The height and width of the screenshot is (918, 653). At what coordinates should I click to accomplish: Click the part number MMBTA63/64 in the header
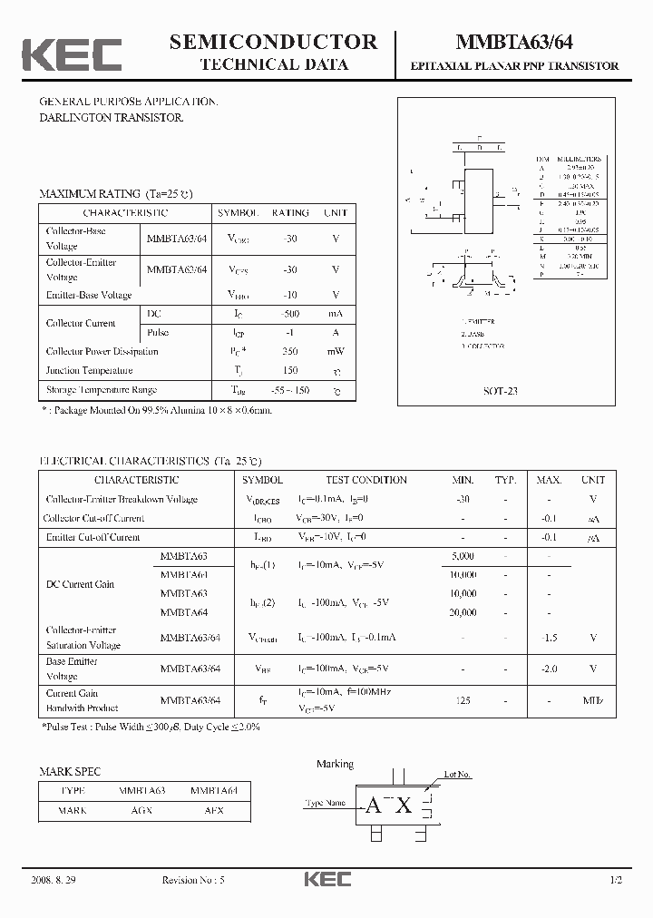(513, 43)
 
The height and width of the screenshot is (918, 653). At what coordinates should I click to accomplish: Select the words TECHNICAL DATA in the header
(273, 64)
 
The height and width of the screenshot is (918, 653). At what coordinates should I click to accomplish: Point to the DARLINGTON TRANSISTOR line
(111, 119)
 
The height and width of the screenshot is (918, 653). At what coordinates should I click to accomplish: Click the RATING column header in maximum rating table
(290, 212)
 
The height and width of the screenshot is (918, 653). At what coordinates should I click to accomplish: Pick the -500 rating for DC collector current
(290, 313)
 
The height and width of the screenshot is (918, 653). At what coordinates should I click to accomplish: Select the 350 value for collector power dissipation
(290, 351)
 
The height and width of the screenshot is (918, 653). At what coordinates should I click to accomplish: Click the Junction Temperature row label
(90, 370)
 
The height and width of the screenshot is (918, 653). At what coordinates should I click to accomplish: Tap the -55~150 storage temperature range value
(290, 390)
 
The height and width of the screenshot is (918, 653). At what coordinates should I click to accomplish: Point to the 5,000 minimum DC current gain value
(463, 556)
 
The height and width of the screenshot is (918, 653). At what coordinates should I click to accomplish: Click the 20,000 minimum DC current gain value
(463, 613)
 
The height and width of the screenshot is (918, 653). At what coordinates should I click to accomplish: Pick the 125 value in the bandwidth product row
(463, 700)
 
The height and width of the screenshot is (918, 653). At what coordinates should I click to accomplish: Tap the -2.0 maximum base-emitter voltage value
(549, 669)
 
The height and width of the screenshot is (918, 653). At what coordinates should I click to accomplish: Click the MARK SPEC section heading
(70, 772)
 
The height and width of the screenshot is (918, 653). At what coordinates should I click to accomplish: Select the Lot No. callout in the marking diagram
(457, 775)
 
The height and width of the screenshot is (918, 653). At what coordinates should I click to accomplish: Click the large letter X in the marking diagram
(404, 806)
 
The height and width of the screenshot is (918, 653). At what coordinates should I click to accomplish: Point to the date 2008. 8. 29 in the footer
(55, 881)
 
